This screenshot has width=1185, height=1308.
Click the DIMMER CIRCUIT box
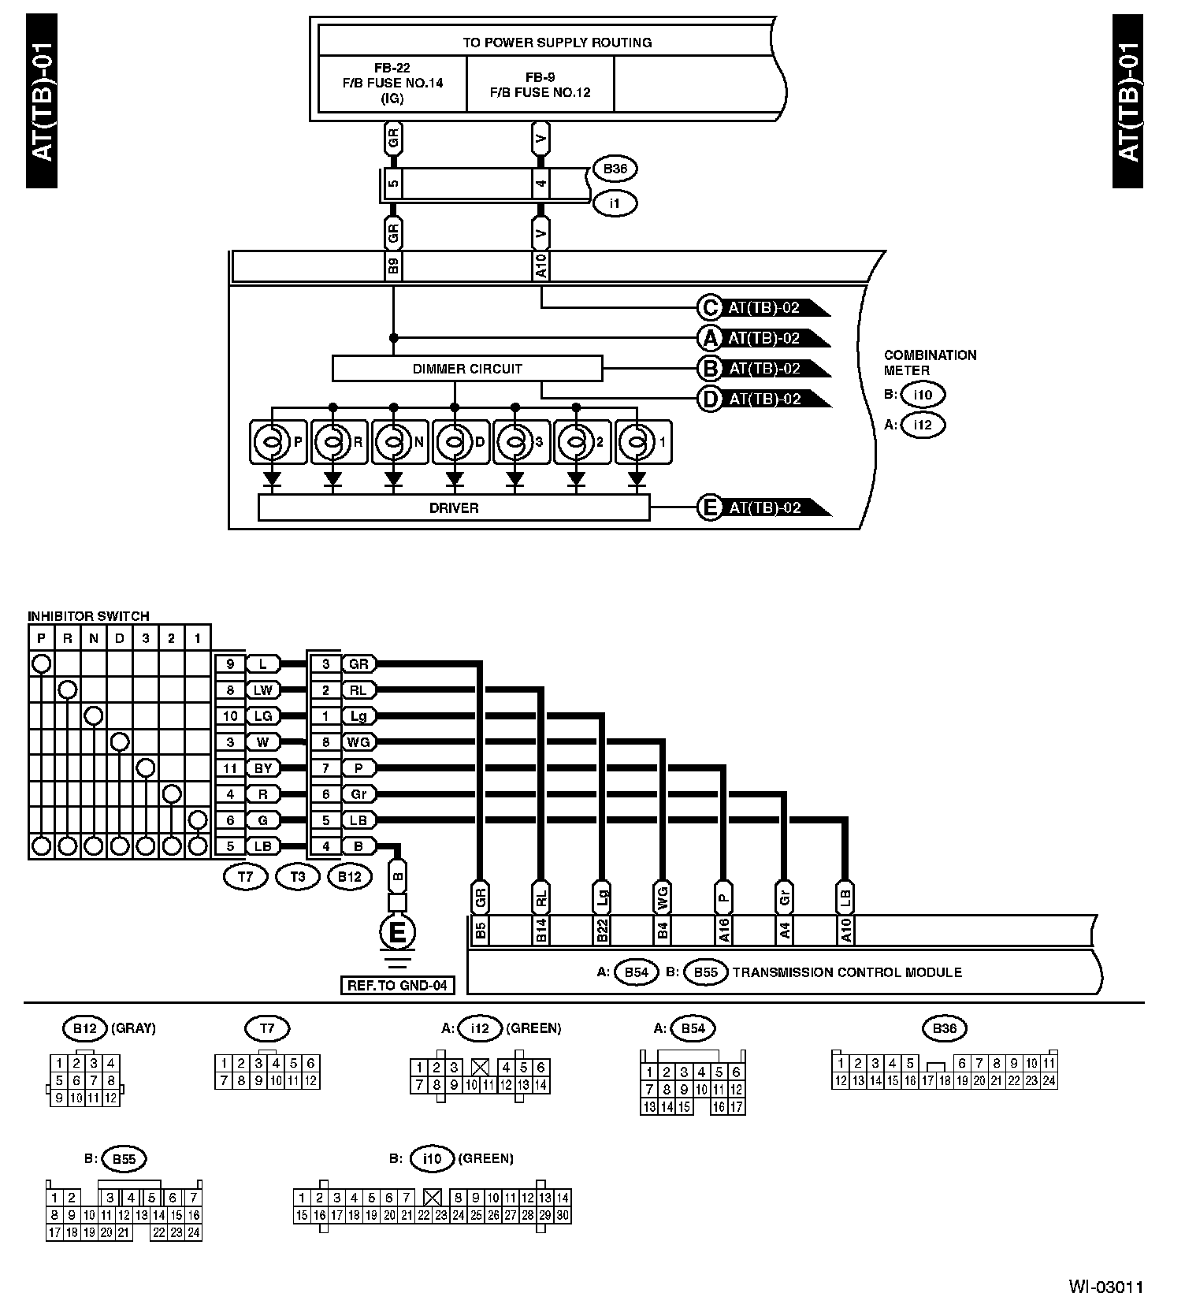pos(466,369)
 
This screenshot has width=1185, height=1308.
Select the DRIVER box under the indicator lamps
pos(454,508)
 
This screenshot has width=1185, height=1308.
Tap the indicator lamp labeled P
pos(277,442)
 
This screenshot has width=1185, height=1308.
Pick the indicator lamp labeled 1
pos(641,442)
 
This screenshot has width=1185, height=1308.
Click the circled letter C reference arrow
pos(710,308)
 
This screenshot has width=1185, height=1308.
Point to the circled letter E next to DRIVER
pos(710,508)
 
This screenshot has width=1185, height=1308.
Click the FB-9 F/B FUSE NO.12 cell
pos(540,84)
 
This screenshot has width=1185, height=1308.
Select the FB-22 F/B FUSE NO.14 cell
pos(392,84)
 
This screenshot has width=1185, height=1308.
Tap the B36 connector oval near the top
pos(615,169)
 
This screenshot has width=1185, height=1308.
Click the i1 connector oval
pos(615,203)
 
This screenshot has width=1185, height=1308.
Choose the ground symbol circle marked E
pos(398,933)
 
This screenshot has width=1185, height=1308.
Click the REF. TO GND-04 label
pos(398,985)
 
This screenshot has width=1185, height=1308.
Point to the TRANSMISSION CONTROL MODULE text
pos(847,972)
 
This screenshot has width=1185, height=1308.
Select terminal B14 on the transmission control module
pos(541,931)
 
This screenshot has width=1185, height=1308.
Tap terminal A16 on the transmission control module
pos(723,931)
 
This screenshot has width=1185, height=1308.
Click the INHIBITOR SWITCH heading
pos(88,616)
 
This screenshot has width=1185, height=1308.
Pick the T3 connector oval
pos(298,876)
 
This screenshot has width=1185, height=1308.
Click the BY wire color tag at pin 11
pos(263,768)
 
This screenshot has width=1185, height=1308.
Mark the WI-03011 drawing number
pos(1105,1288)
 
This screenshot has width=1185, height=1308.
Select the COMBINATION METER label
pos(930,362)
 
